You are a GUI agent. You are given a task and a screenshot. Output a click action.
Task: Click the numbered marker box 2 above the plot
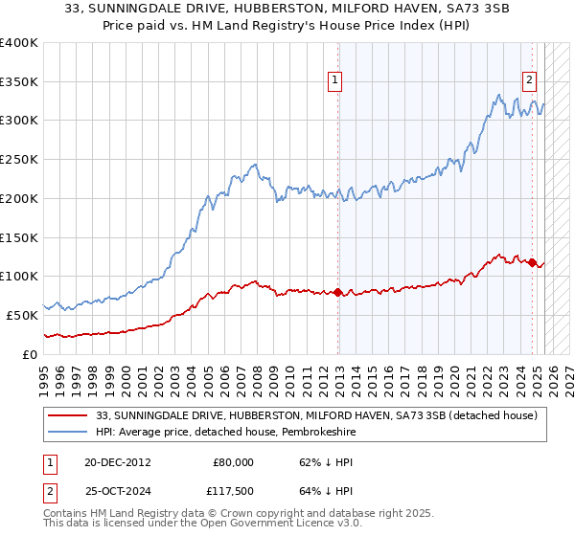click(530, 81)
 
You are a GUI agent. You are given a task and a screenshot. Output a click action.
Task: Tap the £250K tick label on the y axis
click(19, 160)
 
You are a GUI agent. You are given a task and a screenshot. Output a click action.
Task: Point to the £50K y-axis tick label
click(23, 315)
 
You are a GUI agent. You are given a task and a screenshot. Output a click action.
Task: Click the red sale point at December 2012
click(338, 291)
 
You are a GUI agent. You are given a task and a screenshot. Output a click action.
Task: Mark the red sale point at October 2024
click(532, 262)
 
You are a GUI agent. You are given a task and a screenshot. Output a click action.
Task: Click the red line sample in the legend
click(67, 415)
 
